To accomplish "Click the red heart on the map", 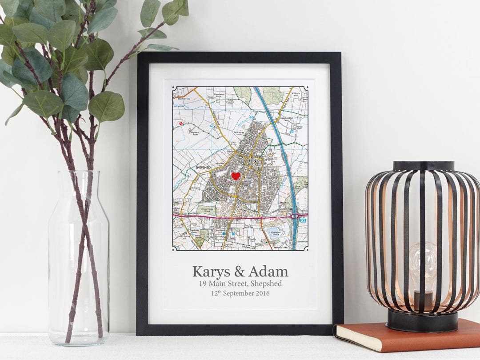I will click(x=236, y=176).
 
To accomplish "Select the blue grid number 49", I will click(x=292, y=132).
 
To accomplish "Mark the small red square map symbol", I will click(x=181, y=122).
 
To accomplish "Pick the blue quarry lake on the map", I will click(x=273, y=235).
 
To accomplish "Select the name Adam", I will click(x=268, y=272).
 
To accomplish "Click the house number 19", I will click(x=203, y=284).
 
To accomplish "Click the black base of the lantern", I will click(x=422, y=320).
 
